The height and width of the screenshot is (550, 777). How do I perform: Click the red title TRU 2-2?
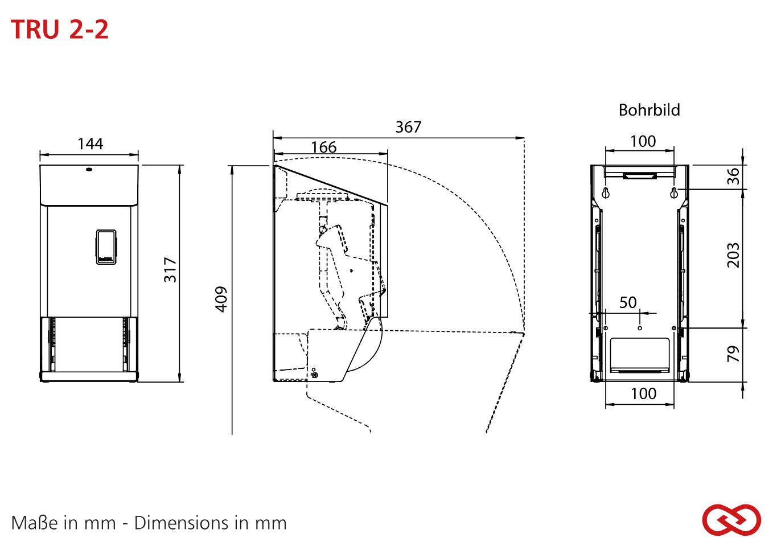point(59,29)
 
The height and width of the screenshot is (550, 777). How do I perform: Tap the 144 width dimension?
point(90,143)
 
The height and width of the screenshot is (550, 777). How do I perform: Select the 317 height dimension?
point(170,270)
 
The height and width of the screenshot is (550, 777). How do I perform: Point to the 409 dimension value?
point(221,299)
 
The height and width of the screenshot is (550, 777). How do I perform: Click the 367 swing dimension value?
point(408,127)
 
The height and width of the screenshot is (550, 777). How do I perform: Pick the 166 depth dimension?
point(324,147)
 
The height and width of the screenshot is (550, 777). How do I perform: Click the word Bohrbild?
point(649,110)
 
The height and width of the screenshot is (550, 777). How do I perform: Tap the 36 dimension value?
point(733,177)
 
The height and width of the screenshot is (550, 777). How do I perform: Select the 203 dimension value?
point(733,255)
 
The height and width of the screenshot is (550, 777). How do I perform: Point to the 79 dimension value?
point(733,354)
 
